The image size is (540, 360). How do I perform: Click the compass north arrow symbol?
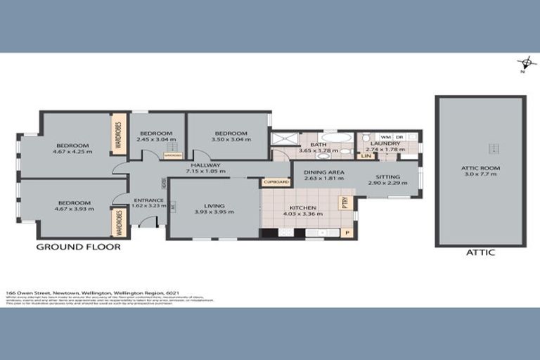tap(522, 63)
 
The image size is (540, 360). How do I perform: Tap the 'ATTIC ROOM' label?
tap(480, 168)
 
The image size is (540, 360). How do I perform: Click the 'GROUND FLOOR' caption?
tap(78, 247)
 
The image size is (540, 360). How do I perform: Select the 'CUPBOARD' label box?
tap(275, 181)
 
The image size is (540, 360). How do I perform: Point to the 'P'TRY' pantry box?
tap(345, 202)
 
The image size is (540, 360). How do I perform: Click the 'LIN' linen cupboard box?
tap(366, 155)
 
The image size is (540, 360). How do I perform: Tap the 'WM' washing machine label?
tap(385, 136)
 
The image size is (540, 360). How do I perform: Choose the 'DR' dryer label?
tap(399, 136)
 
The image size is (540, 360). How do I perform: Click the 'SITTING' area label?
tap(387, 177)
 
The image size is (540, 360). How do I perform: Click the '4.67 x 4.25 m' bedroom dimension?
tap(72, 150)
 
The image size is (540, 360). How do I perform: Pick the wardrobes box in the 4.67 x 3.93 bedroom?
tap(118, 223)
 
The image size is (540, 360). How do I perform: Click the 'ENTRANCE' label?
tap(148, 200)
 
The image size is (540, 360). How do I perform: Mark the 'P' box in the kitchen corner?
tap(347, 231)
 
